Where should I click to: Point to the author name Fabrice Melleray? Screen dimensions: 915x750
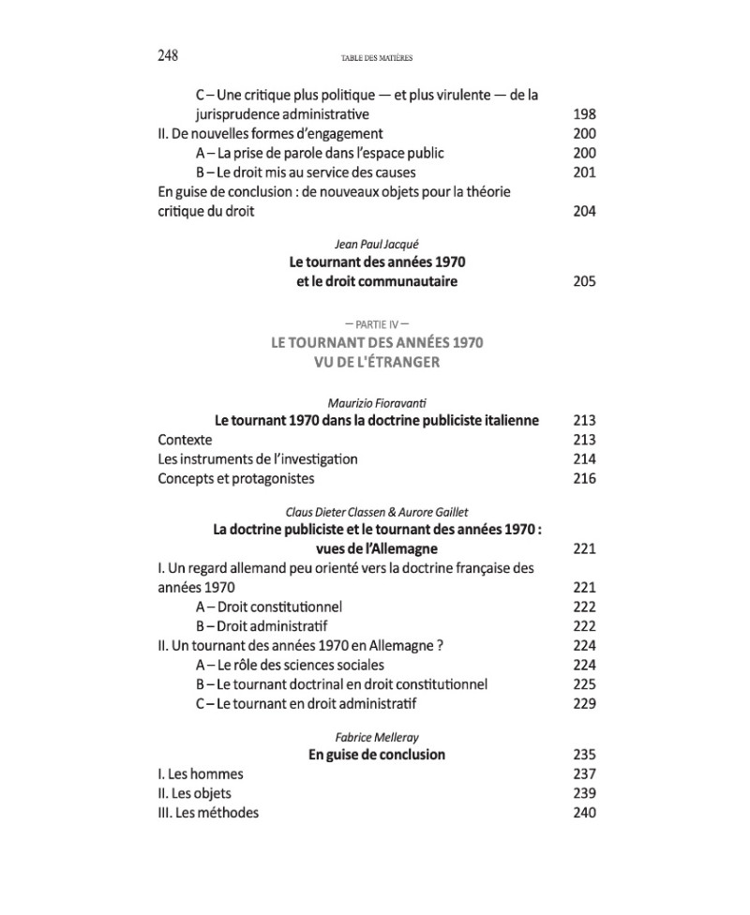(376, 737)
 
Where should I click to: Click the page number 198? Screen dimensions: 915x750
(583, 114)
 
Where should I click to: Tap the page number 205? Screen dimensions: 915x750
(583, 281)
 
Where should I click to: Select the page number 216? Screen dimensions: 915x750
(583, 479)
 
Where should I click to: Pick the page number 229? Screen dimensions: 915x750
(583, 704)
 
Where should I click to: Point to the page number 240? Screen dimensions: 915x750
(583, 813)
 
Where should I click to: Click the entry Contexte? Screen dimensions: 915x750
(185, 440)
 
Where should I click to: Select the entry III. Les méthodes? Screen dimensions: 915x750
(207, 813)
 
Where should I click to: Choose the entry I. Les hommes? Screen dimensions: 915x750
(200, 774)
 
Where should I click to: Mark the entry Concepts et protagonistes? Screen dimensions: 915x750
(235, 479)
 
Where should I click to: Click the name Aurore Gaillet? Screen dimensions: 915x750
(430, 511)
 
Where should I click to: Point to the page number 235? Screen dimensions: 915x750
(583, 755)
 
